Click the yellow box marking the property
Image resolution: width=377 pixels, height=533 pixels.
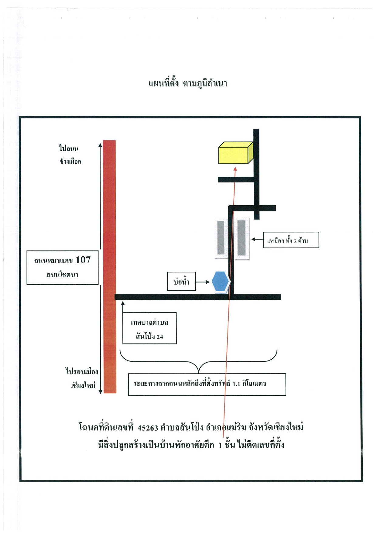pos(236,153)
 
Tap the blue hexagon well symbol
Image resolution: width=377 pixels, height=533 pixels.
pos(221,282)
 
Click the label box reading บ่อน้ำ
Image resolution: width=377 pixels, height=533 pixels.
pos(181,282)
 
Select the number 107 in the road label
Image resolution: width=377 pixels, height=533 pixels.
pos(83,260)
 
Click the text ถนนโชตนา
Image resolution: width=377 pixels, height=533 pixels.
pos(62,275)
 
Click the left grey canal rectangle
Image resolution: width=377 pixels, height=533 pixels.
pos(221,237)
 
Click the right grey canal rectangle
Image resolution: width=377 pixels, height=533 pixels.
pos(242,238)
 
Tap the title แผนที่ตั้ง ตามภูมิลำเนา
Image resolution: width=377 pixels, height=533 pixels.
pos(188,83)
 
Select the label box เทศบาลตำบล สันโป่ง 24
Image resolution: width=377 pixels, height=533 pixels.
pos(149,328)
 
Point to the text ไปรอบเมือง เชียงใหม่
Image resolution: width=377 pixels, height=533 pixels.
pos(82,378)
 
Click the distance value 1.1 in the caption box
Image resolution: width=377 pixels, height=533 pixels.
pos(236,384)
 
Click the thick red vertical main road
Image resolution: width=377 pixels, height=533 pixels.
pos(109,267)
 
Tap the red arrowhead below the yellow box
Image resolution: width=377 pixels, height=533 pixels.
pos(235,169)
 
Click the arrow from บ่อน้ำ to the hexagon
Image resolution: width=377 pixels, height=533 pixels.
pos(203,282)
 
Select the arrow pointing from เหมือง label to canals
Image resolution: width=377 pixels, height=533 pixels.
pos(257,239)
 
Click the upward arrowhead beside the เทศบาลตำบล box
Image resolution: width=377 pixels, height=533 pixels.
pos(123,303)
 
